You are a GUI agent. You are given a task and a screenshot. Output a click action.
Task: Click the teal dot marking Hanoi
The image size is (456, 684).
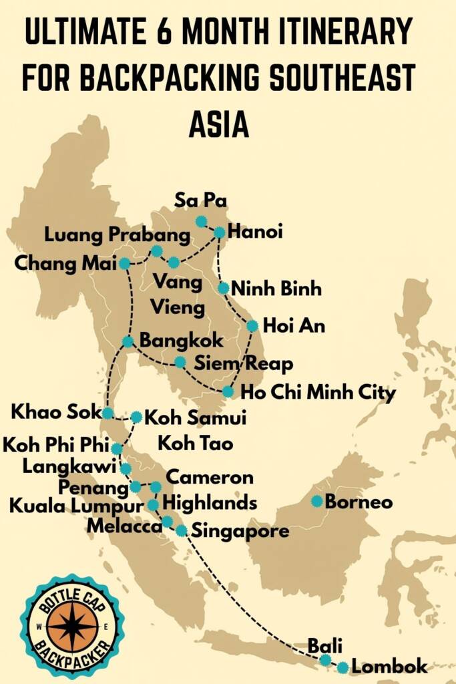(x=220, y=232)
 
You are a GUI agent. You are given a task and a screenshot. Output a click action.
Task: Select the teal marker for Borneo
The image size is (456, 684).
(x=317, y=501)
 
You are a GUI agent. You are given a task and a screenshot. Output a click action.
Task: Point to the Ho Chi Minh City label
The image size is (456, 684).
(x=317, y=392)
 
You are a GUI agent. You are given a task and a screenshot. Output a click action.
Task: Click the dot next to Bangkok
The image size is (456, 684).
(x=128, y=341)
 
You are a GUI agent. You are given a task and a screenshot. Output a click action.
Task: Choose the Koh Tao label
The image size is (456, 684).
(x=195, y=443)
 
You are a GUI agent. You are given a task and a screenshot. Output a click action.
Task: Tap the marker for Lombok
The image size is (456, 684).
(x=343, y=667)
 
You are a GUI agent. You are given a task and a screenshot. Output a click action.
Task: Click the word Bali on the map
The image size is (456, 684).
(x=324, y=645)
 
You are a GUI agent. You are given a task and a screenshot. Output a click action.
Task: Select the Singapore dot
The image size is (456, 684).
(x=182, y=530)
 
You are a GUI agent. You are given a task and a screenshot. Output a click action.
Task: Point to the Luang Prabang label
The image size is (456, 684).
(x=118, y=235)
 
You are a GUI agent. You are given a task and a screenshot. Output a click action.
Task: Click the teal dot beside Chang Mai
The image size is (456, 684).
(x=124, y=263)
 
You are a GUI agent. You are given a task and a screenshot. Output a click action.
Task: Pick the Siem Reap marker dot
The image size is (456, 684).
(x=180, y=362)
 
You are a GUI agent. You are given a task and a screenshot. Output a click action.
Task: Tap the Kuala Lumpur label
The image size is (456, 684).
(x=76, y=506)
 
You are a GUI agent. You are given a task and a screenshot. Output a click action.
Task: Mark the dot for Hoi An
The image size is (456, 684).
(x=252, y=326)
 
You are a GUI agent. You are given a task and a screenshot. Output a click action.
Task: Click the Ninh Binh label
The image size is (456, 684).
(x=276, y=289)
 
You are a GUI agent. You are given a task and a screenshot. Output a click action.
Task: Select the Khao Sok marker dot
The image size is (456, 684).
(x=107, y=413)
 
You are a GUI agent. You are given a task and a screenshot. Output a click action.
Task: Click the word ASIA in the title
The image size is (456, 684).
(x=219, y=124)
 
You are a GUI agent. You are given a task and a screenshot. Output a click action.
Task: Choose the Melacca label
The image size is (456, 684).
(x=124, y=526)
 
